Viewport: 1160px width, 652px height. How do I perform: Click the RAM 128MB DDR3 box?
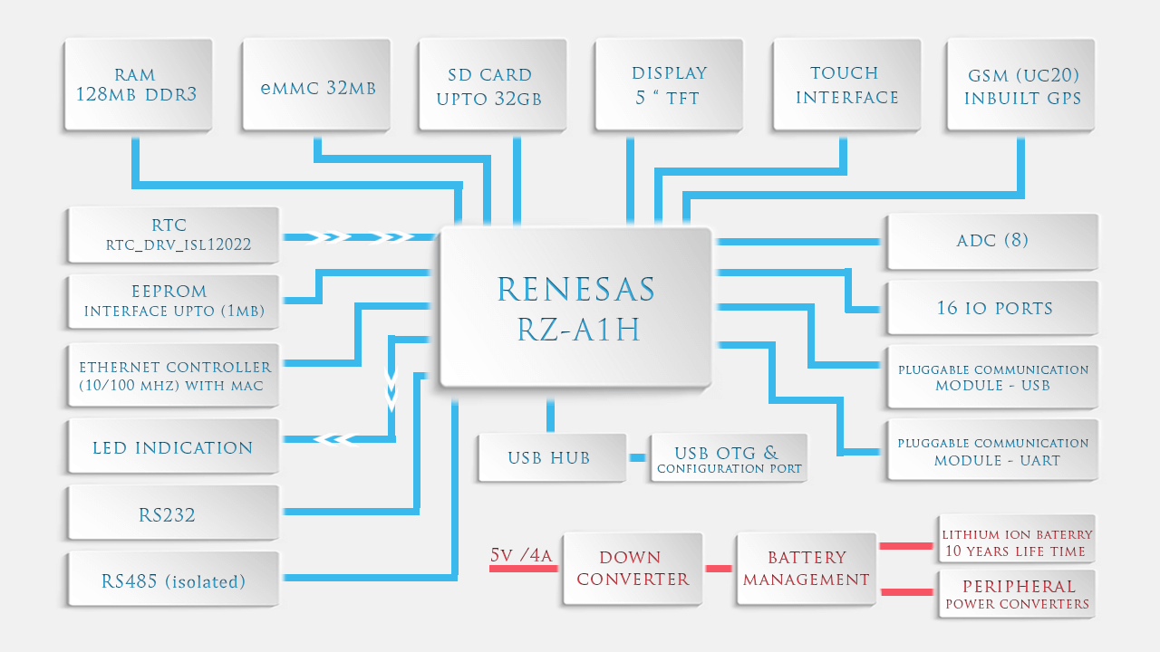click(137, 86)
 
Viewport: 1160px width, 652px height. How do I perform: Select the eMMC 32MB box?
click(315, 86)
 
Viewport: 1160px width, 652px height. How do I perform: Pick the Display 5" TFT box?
click(668, 86)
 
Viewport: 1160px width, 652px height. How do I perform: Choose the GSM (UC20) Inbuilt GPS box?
click(1021, 86)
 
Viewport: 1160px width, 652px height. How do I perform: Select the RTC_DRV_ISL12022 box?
click(172, 235)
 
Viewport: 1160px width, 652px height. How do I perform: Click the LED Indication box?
click(172, 447)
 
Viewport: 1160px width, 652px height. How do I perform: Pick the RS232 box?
click(172, 514)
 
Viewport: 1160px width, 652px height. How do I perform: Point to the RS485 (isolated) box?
click(172, 580)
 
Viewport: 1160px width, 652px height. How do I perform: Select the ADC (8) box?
click(992, 241)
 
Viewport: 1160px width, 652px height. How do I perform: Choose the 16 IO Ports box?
click(992, 308)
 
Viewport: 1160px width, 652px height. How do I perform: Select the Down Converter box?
click(633, 569)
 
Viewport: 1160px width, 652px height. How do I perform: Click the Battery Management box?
click(807, 569)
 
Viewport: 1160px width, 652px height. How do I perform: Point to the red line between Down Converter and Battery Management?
click(719, 569)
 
